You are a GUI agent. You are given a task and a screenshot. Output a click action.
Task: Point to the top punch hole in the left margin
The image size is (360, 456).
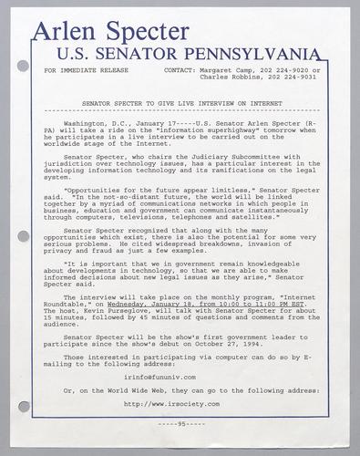coord(23,66)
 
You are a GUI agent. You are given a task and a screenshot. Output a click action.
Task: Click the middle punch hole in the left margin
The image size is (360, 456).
coord(23,235)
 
